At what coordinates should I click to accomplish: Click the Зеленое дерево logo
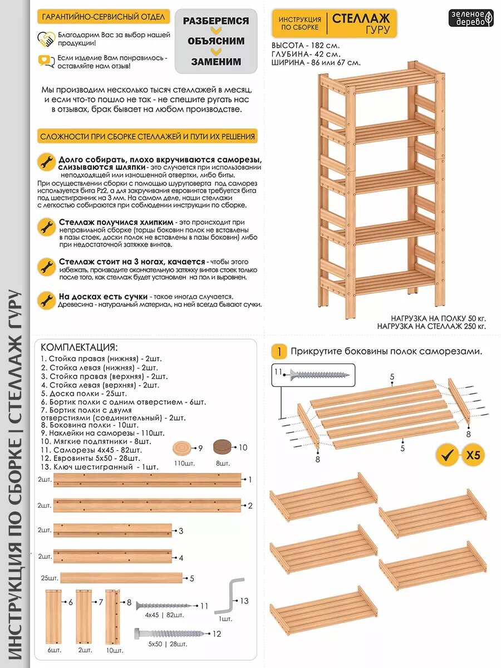click(x=471, y=18)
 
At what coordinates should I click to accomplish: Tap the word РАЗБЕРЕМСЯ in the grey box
click(x=216, y=21)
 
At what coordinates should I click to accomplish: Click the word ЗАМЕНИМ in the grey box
click(x=216, y=61)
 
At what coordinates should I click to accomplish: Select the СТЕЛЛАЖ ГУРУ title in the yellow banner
click(x=361, y=23)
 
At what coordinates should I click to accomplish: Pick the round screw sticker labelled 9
click(x=182, y=448)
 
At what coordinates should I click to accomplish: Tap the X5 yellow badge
click(x=472, y=455)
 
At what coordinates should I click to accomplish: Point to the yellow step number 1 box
click(x=279, y=351)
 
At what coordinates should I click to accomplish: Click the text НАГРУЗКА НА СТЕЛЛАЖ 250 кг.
click(x=431, y=327)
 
